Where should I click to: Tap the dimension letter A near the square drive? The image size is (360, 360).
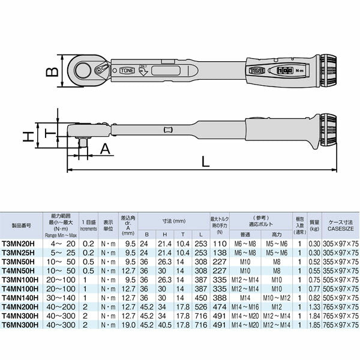[x=104, y=149]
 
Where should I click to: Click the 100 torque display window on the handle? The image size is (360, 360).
[x=284, y=70]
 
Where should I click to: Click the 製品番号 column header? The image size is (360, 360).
[x=23, y=226]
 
